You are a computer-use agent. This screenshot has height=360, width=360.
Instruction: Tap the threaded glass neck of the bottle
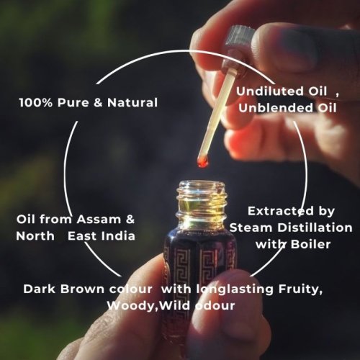202,200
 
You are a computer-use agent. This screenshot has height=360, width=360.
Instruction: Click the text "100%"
35,103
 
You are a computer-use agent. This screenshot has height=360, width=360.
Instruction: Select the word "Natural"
132,102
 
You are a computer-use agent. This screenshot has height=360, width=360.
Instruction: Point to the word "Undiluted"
270,91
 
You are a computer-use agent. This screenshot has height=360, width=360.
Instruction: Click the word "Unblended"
276,108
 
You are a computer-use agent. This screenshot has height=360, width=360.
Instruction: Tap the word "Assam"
99,220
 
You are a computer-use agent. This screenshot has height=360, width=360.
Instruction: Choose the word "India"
118,236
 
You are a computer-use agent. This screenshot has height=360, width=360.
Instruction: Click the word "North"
35,236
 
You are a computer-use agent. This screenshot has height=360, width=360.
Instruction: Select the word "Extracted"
281,211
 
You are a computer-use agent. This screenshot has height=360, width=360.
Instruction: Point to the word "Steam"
251,228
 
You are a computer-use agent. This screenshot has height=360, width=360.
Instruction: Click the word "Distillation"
315,228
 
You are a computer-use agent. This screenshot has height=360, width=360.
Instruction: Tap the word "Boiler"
310,244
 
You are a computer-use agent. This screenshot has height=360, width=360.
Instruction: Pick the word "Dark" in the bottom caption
40,289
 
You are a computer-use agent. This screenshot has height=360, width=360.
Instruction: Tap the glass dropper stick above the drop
216,112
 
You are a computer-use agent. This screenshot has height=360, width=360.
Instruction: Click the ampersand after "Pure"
98,103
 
